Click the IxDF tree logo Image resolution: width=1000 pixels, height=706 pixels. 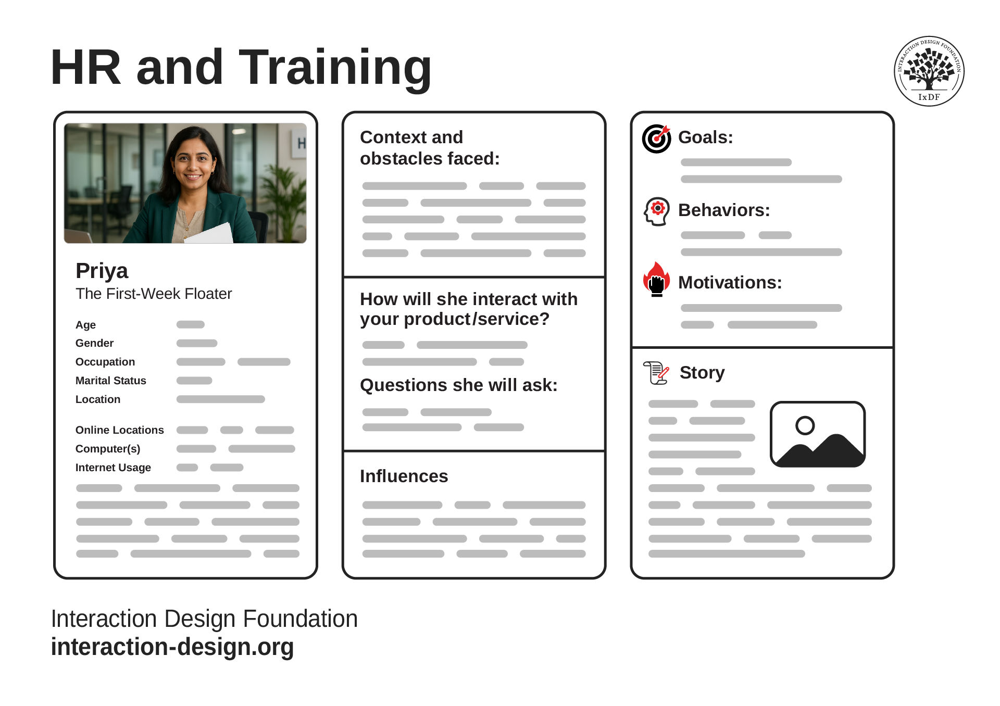[x=929, y=71]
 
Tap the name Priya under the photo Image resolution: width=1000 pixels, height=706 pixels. [x=102, y=271]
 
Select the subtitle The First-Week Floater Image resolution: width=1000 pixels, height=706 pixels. [x=154, y=294]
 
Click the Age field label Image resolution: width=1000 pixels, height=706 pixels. [x=85, y=325]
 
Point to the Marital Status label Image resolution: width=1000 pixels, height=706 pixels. [x=110, y=381]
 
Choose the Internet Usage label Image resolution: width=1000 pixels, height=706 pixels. [x=113, y=468]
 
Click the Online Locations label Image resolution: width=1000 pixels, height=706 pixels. [x=119, y=430]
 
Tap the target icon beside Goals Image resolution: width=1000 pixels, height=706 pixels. [x=656, y=138]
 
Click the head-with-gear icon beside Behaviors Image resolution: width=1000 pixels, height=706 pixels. [x=657, y=211]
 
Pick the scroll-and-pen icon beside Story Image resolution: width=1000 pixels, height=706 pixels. [x=656, y=373]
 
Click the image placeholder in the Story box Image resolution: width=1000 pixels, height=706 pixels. [x=818, y=434]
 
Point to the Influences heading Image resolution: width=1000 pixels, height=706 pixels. [x=404, y=476]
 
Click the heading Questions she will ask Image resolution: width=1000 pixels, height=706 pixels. [x=459, y=385]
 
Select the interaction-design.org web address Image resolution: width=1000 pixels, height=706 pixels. [x=172, y=647]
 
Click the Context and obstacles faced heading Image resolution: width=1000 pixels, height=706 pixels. [x=430, y=148]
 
